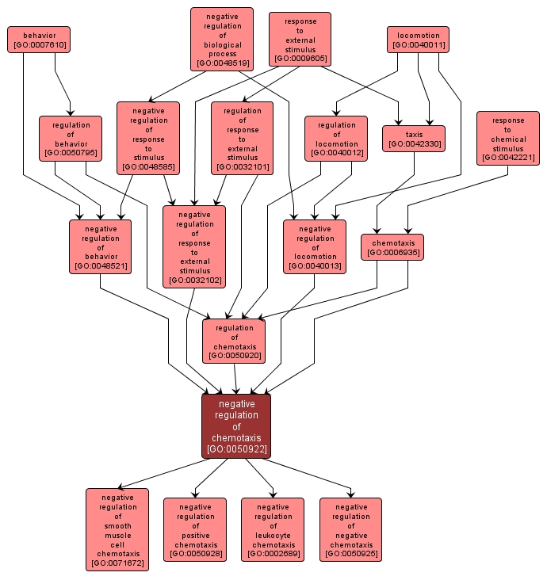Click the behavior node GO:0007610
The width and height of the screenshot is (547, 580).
pos(39,40)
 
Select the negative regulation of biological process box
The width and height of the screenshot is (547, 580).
pos(222,39)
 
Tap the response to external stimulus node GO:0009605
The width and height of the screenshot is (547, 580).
pos(300,40)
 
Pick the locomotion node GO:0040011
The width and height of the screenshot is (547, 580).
pos(418,40)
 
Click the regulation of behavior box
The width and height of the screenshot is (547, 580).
pos(71,139)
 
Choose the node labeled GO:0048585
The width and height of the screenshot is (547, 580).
pos(148,138)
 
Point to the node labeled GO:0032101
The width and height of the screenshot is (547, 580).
pos(242,139)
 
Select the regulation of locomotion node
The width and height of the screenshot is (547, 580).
pos(336,139)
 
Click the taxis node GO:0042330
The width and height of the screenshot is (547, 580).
pos(414,139)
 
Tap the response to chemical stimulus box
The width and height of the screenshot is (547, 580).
pos(508,139)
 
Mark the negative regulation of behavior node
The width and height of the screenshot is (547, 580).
pos(101,246)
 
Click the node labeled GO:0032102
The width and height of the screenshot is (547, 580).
pos(194,246)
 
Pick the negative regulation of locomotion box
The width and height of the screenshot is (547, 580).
pos(315,246)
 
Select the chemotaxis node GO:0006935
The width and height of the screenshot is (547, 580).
pos(392,246)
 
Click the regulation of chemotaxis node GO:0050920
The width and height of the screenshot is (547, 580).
pos(234,342)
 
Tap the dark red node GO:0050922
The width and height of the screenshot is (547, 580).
pos(236,426)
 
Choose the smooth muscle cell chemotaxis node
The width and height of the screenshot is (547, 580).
pos(117,529)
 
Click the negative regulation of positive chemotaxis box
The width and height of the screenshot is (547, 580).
pos(195,529)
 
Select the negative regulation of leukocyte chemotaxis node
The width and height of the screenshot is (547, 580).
pos(273,529)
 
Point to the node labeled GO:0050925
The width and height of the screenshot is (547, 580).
pos(350,529)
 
